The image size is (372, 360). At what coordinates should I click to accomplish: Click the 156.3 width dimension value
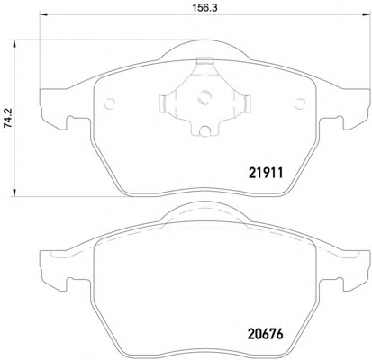pyautogui.click(x=204, y=8)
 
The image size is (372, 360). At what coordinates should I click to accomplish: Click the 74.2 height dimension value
pyautogui.click(x=9, y=118)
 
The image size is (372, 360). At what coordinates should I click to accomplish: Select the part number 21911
pyautogui.click(x=266, y=173)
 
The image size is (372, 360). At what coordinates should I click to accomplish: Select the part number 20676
pyautogui.click(x=266, y=334)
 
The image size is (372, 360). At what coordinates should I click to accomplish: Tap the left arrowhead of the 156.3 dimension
pyautogui.click(x=44, y=14)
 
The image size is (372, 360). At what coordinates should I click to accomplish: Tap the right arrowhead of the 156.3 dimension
pyautogui.click(x=367, y=14)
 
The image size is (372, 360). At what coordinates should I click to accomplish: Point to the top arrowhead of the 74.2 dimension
pyautogui.click(x=14, y=43)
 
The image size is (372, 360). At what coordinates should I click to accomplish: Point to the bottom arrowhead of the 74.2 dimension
pyautogui.click(x=14, y=193)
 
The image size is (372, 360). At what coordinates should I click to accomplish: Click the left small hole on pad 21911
pyautogui.click(x=109, y=103)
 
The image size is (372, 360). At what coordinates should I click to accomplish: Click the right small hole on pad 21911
pyautogui.click(x=300, y=103)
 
